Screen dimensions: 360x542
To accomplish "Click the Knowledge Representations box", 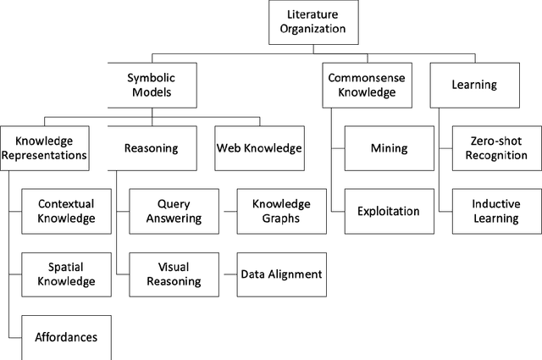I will pos(44,148).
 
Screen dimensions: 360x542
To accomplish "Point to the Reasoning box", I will pos(151,148).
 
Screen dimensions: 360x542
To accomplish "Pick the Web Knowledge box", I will pos(258,148).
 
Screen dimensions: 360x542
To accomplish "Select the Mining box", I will pos(389,148).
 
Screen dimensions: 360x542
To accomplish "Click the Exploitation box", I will pos(389,210).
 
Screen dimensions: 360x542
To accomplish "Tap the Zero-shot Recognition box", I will pos(495,148).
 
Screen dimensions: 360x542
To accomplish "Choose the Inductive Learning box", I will pos(495,210).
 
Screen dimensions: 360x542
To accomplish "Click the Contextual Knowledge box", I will pos(65,211).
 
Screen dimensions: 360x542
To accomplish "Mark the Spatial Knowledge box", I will pos(65,274).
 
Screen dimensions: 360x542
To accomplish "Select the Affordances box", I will pos(65,336).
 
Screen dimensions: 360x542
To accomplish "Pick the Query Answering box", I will pos(173,211).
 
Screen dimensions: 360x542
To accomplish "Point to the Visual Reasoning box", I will pos(173,274).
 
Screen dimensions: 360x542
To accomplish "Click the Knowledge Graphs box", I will pos(280,211).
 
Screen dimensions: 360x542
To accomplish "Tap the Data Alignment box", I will pos(280,274).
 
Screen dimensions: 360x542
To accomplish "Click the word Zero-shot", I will pos(495,141).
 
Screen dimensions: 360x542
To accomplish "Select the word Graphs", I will pos(280,219).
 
